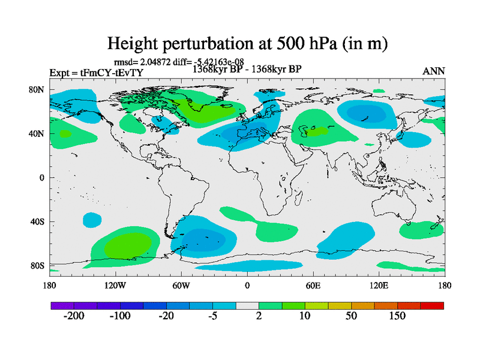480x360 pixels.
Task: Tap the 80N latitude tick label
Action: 37,89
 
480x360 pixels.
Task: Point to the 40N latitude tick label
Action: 37,133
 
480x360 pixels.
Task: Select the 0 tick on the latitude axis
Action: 43,178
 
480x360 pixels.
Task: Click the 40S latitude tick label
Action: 37,221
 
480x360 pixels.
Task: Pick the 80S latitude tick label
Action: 37,265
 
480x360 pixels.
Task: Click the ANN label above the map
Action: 434,71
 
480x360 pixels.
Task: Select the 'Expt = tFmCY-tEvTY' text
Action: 96,73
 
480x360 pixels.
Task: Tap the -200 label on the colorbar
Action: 74,316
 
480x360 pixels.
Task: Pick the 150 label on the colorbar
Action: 398,316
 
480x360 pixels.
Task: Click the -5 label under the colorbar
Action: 213,316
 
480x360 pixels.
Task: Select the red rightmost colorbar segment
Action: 432,305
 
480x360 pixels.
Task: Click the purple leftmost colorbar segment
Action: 62,305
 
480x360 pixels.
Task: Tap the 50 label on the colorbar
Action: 352,316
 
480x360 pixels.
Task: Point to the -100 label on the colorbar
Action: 120,316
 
